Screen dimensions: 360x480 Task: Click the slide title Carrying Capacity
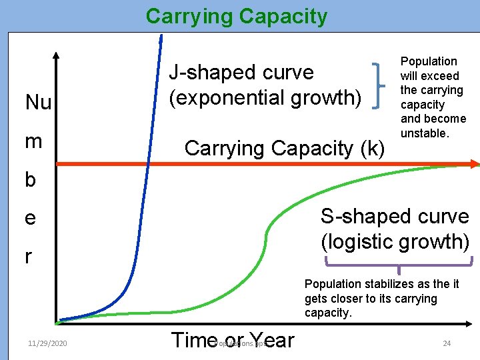click(x=237, y=16)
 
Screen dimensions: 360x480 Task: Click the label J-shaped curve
click(x=241, y=72)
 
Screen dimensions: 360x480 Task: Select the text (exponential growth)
click(x=265, y=97)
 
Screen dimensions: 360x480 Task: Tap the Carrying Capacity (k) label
click(x=285, y=147)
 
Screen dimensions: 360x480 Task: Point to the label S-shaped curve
click(x=395, y=216)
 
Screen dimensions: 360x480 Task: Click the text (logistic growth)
click(x=395, y=241)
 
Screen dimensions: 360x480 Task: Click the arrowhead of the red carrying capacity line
click(x=474, y=163)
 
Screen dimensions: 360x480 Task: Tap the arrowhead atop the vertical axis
click(x=57, y=57)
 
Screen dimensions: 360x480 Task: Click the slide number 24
click(x=447, y=343)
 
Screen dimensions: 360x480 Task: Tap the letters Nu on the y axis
click(x=38, y=103)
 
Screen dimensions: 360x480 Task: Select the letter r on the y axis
click(x=29, y=257)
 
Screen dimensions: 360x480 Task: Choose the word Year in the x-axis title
click(x=271, y=340)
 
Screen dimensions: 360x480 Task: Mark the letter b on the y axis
click(x=31, y=180)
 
